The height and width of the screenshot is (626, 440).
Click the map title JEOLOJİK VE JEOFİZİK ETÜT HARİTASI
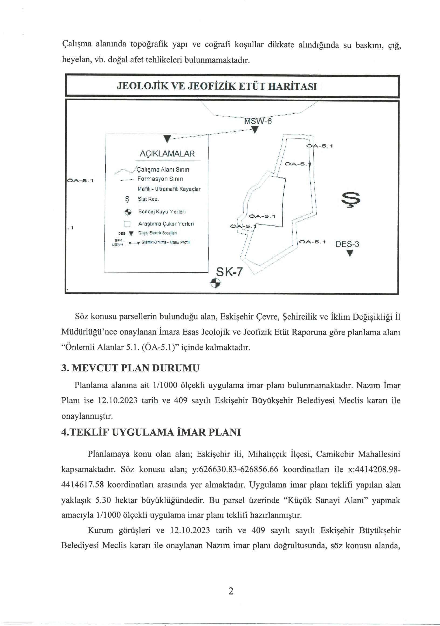click(x=217, y=86)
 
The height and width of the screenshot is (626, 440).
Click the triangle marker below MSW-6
click(x=255, y=130)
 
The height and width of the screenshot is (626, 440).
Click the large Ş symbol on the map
click(x=351, y=200)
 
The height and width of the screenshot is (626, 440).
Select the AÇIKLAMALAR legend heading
click(x=167, y=154)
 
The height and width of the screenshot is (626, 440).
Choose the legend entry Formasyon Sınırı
click(x=160, y=179)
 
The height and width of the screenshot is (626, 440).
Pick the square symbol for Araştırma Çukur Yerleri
click(x=127, y=224)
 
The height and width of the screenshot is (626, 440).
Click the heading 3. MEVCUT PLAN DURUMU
click(x=130, y=368)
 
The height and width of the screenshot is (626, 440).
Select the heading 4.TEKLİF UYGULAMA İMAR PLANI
click(x=151, y=433)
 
